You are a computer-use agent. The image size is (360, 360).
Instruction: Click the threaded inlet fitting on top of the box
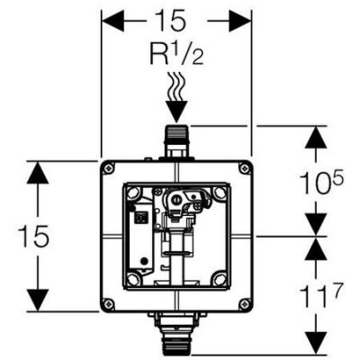pyautogui.click(x=175, y=139)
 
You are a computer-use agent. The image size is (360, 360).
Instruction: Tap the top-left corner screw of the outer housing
pyautogui.click(x=109, y=169)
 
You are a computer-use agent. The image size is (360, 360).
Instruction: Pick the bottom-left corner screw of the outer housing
pyautogui.click(x=109, y=302)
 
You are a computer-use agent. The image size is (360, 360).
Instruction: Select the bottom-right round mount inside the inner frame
pyautogui.click(x=219, y=279)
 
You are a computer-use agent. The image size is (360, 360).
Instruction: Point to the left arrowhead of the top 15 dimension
pyautogui.click(x=110, y=19)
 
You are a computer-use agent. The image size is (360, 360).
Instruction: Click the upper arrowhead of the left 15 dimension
pyautogui.click(x=35, y=171)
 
